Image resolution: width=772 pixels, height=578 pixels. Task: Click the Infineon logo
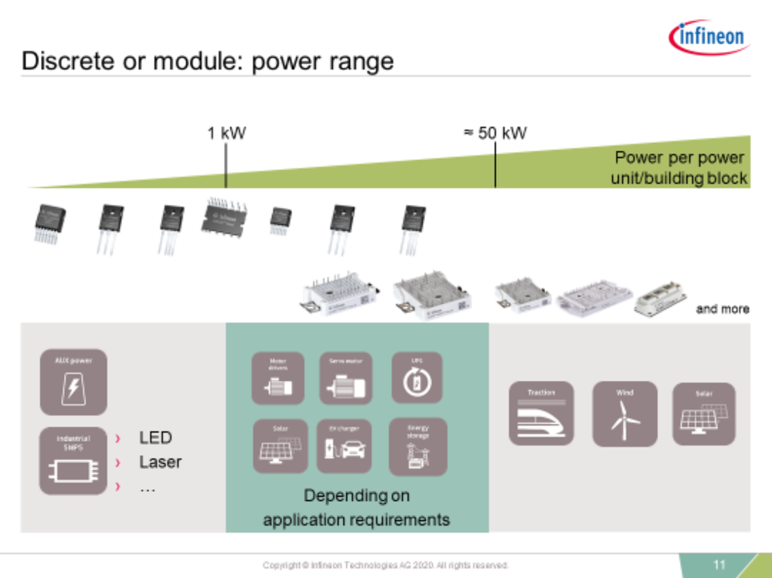coord(709,37)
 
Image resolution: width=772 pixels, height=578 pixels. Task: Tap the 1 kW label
coord(226,133)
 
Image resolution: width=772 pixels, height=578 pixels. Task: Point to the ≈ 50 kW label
coord(495,133)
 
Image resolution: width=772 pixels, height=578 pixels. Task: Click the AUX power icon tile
coord(73,382)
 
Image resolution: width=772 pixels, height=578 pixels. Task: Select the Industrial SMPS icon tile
coord(73,461)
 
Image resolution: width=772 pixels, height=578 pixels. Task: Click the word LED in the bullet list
coord(155,438)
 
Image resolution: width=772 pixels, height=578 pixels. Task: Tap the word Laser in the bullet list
coord(160,462)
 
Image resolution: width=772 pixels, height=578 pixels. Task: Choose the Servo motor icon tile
coord(346,379)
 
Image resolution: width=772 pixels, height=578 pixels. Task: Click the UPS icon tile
coord(417,378)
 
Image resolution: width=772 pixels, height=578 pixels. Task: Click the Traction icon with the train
coord(541,413)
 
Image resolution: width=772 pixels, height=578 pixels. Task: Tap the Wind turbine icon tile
coord(624,413)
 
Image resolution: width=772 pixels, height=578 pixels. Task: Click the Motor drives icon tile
coord(278,379)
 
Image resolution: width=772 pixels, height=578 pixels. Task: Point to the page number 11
coord(719,565)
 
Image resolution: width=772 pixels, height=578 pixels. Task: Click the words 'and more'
coord(723,309)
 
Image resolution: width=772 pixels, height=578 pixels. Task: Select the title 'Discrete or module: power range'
coord(207,61)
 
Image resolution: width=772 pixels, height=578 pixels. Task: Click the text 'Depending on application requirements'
coord(356,508)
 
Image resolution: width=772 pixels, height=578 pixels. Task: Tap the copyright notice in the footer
coord(386,566)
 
